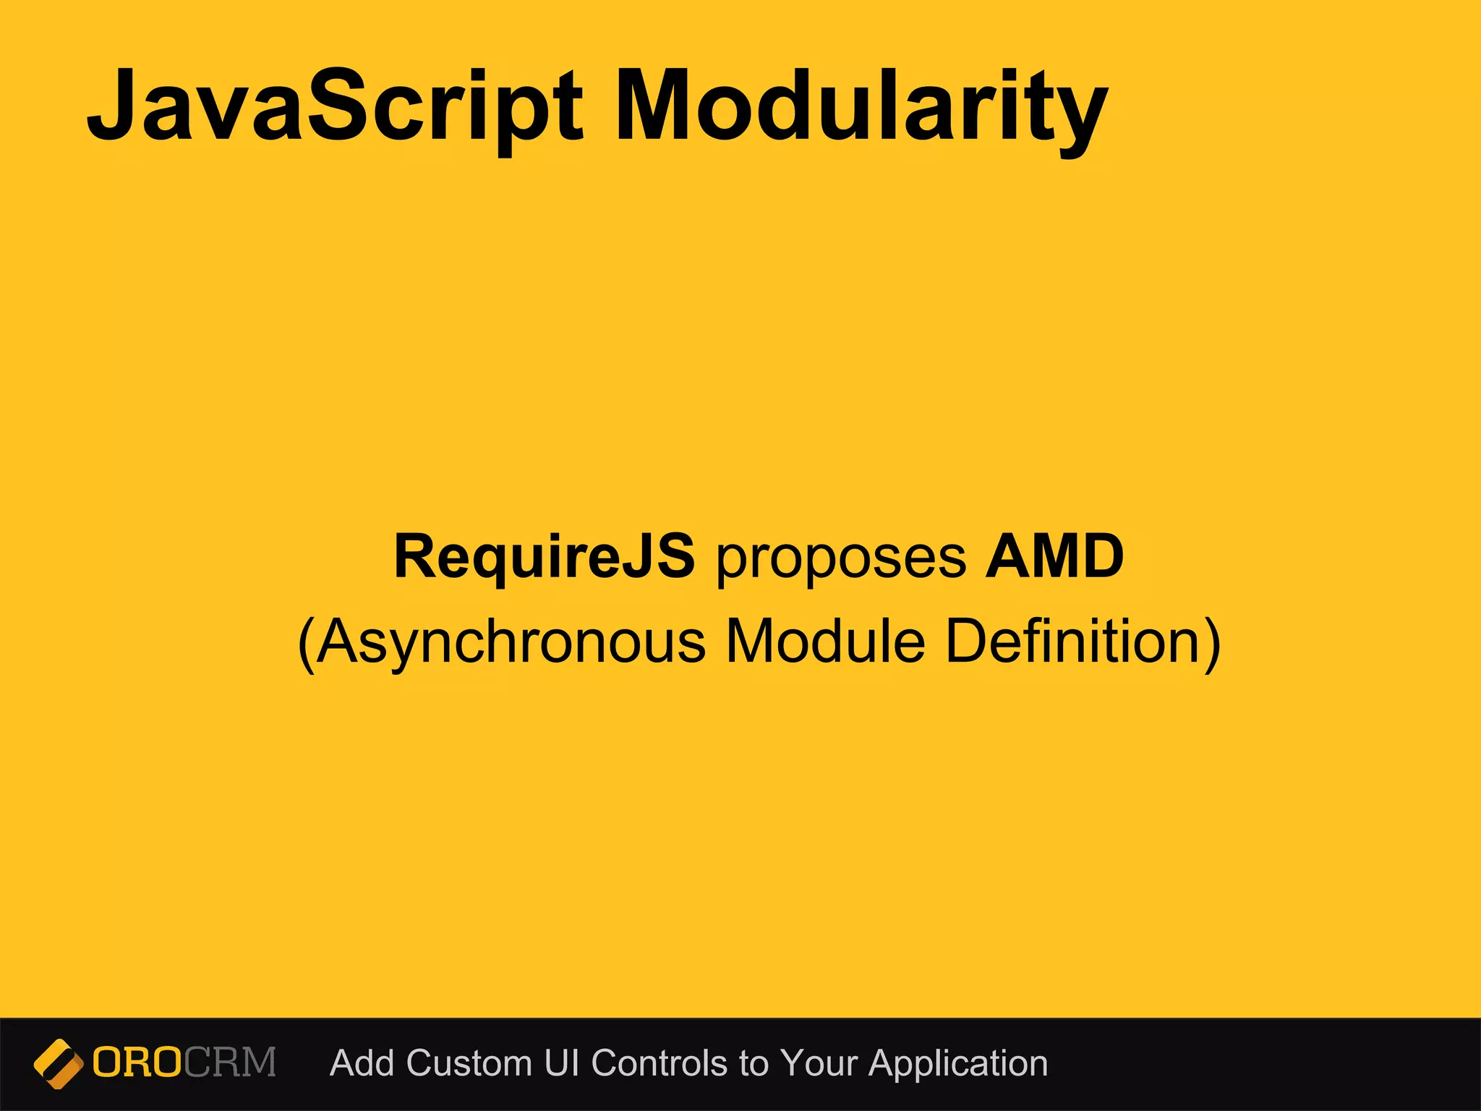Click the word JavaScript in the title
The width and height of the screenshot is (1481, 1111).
[x=334, y=106]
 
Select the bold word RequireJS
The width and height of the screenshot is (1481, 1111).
[x=544, y=556]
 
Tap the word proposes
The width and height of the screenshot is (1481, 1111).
[x=840, y=558]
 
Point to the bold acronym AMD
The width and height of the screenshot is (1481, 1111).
[x=1054, y=556]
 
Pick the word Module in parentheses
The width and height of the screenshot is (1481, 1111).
[x=824, y=641]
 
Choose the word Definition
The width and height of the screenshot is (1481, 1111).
[x=1073, y=641]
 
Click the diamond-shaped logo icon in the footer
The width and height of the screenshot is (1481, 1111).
[x=58, y=1063]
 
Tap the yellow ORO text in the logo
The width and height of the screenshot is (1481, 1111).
[x=137, y=1063]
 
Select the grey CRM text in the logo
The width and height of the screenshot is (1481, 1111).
[x=230, y=1063]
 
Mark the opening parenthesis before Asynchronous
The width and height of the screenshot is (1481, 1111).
[x=307, y=644]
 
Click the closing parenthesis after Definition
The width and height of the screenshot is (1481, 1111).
[x=1212, y=644]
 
